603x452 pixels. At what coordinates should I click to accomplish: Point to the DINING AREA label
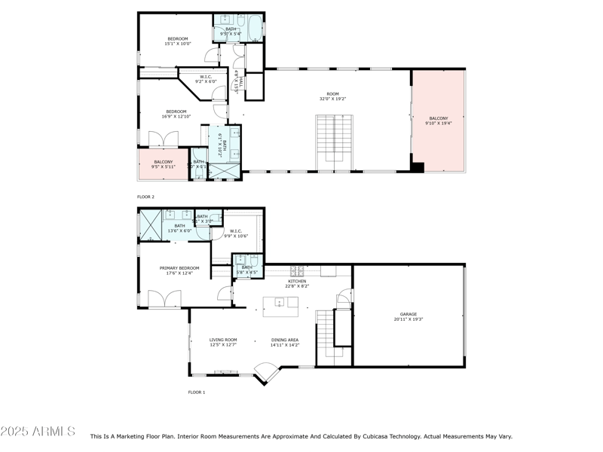pos(285,342)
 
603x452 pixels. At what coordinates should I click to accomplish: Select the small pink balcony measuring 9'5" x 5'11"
pos(164,164)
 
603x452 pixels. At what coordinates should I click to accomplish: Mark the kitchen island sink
pos(280,303)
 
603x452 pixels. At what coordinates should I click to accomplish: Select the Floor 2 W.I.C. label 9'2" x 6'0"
pos(206,79)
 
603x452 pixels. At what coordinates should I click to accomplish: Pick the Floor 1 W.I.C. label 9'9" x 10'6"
pos(236,234)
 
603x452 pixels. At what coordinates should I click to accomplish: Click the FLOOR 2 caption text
pos(145,197)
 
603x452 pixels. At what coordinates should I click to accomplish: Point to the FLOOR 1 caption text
pos(196,392)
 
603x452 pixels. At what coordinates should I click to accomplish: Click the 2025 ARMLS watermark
pos(38,432)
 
